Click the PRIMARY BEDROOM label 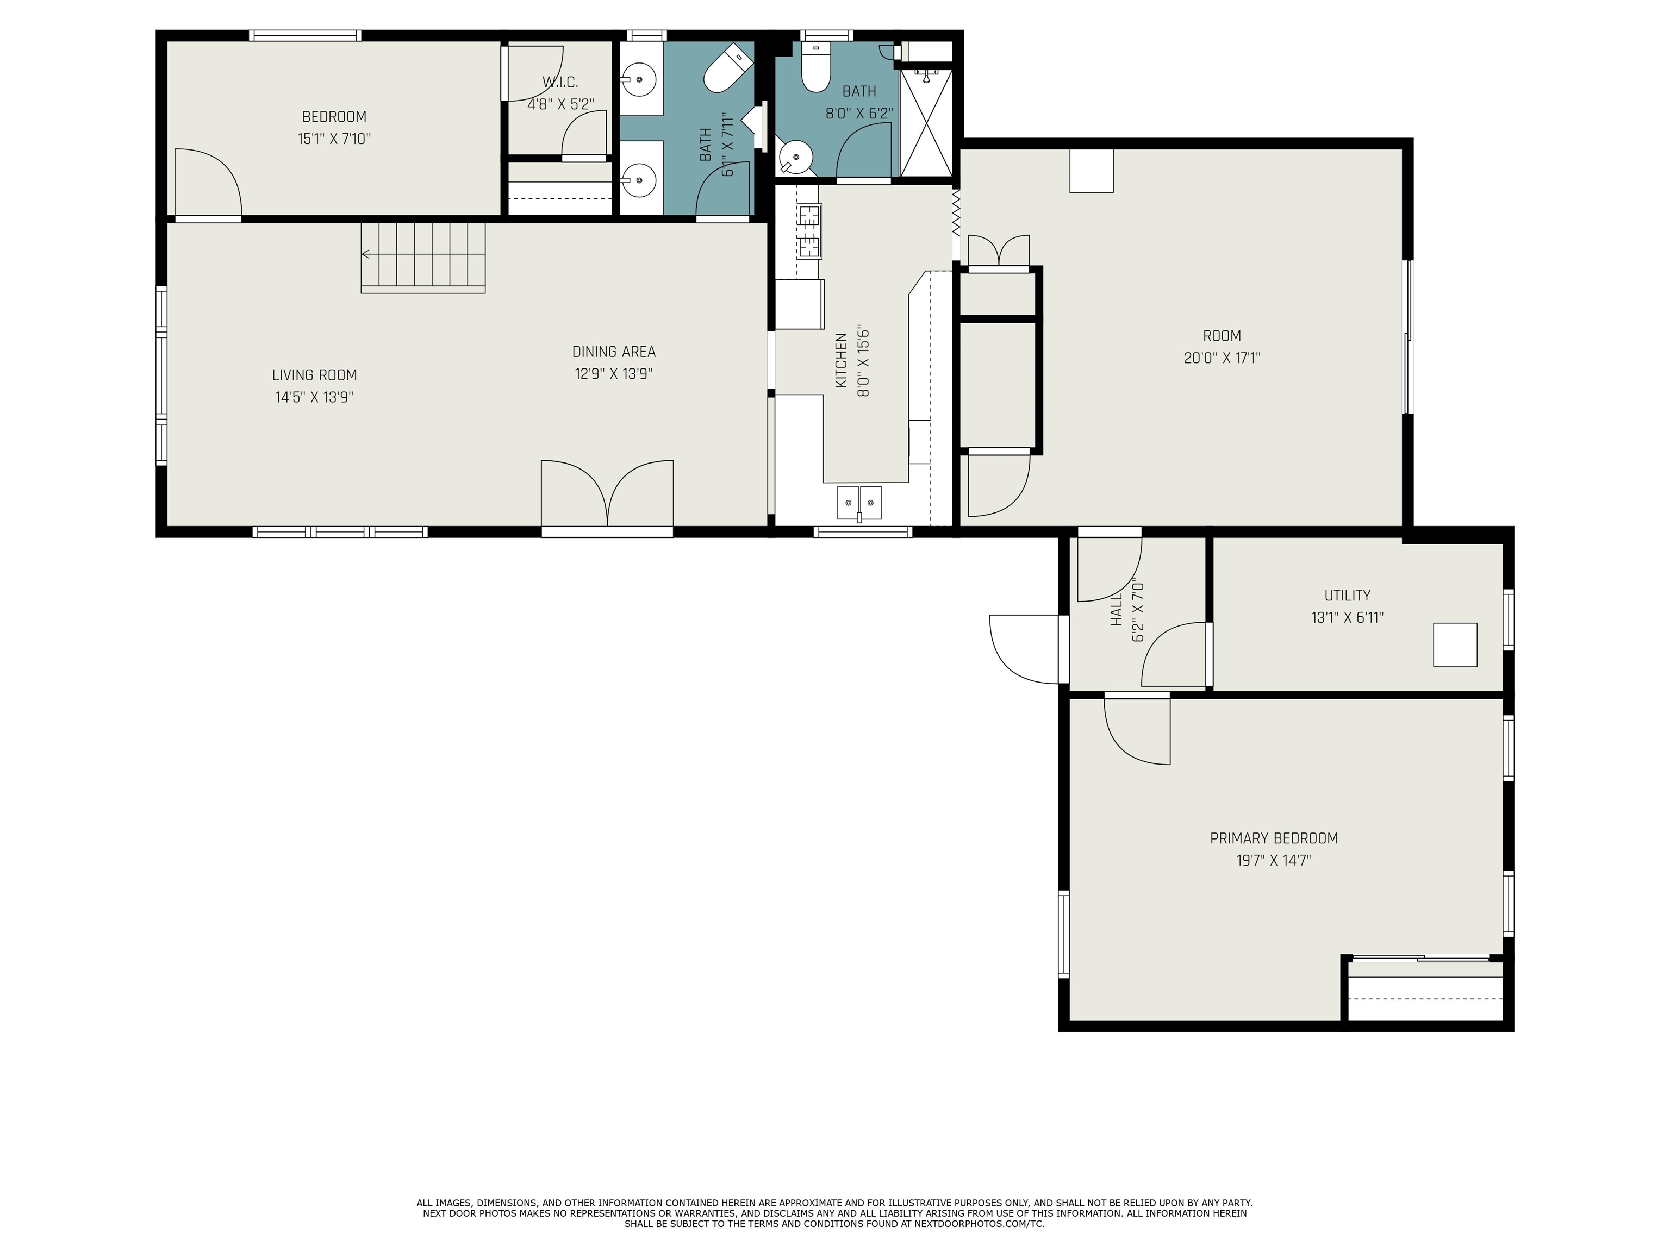1274,838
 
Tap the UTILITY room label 1348,596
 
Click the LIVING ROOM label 314,375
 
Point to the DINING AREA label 614,352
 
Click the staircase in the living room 423,258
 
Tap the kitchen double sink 859,503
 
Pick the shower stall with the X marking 927,122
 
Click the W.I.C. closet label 559,82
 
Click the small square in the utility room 1455,644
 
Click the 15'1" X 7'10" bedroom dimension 334,139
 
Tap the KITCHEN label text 842,361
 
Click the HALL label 1117,609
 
